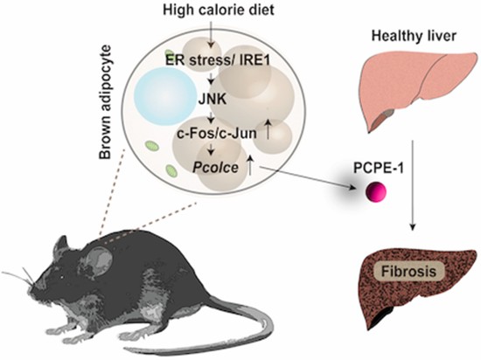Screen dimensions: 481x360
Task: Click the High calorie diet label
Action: pyautogui.click(x=219, y=10)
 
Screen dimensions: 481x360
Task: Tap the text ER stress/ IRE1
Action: pyautogui.click(x=218, y=60)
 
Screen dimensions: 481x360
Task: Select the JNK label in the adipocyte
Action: pyautogui.click(x=213, y=100)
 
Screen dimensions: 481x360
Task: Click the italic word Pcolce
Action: pyautogui.click(x=215, y=168)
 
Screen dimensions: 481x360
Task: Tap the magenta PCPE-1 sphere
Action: pyautogui.click(x=376, y=192)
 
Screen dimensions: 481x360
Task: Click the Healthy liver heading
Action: pyautogui.click(x=414, y=37)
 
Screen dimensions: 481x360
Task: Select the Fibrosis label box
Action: pyautogui.click(x=408, y=272)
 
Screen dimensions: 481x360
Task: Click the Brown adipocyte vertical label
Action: pyautogui.click(x=105, y=102)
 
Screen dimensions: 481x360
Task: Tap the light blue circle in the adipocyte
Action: pyautogui.click(x=164, y=95)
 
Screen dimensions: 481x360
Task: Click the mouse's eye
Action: pyautogui.click(x=62, y=278)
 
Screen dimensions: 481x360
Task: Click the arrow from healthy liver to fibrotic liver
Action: pyautogui.click(x=413, y=185)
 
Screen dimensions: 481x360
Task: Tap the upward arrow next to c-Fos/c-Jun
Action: pyautogui.click(x=268, y=129)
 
